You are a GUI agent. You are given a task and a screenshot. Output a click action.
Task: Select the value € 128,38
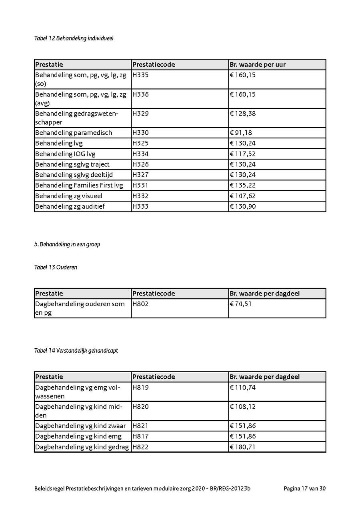click(x=243, y=114)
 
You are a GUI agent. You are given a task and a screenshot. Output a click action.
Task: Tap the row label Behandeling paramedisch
click(x=74, y=133)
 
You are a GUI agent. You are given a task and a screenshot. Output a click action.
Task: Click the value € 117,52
click(x=243, y=154)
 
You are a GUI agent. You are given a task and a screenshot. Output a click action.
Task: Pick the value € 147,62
click(x=243, y=196)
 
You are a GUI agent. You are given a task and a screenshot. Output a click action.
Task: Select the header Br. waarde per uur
click(x=258, y=65)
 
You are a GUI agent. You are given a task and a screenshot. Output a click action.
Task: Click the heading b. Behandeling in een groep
click(x=67, y=244)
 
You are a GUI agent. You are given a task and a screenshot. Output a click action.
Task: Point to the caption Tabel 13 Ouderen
click(x=56, y=267)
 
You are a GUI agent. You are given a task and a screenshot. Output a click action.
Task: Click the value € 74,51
click(x=241, y=304)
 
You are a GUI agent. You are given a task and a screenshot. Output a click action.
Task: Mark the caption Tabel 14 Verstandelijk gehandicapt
click(x=76, y=351)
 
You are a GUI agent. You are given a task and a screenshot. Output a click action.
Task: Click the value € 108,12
click(x=243, y=407)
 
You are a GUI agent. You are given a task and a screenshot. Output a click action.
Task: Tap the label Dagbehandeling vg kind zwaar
click(x=80, y=426)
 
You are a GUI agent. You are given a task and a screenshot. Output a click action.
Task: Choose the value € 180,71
click(x=243, y=447)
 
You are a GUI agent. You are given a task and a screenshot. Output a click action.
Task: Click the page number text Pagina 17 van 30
click(x=305, y=489)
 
